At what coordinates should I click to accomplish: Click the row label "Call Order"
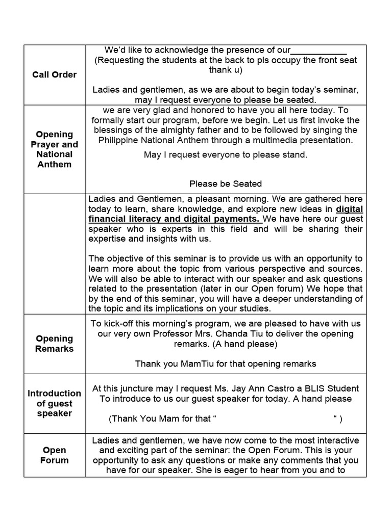tap(54, 74)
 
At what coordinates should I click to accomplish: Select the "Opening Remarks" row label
tap(54, 344)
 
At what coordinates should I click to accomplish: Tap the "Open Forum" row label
tap(54, 455)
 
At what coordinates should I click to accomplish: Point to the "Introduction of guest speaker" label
tap(54, 403)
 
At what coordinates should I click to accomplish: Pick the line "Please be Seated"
tap(226, 184)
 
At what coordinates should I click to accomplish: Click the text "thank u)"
tap(226, 70)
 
